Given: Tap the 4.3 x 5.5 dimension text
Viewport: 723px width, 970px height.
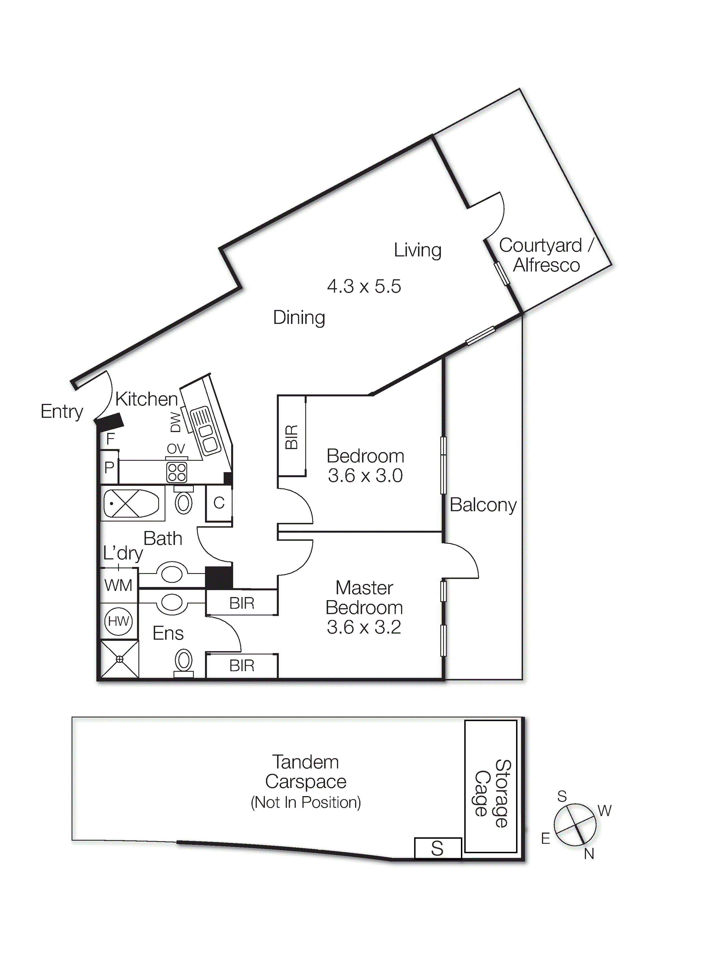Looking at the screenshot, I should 364,287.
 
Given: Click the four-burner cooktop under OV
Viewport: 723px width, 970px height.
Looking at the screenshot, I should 177,472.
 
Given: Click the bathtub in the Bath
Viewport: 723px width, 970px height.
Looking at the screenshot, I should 131,504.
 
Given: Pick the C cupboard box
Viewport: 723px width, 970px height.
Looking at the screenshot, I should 219,503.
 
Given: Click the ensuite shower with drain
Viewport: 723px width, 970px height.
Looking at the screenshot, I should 119,659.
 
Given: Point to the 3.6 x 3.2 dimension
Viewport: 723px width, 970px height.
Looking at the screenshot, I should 364,627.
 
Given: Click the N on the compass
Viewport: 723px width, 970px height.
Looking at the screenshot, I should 589,854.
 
